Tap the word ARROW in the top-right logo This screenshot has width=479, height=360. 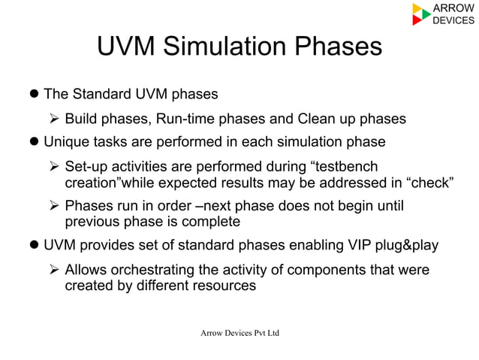coord(453,8)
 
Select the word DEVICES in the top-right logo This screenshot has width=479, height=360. coord(454,20)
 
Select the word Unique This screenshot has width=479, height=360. coord(67,142)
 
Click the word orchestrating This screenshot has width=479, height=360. coord(159,269)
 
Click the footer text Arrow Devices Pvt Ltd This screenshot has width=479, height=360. coord(238,333)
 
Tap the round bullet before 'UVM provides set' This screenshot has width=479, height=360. coord(34,245)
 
